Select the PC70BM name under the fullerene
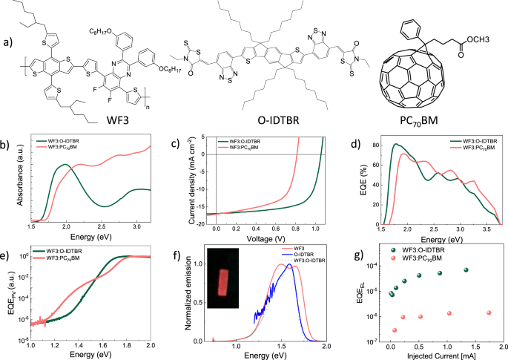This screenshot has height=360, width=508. point(431,121)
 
